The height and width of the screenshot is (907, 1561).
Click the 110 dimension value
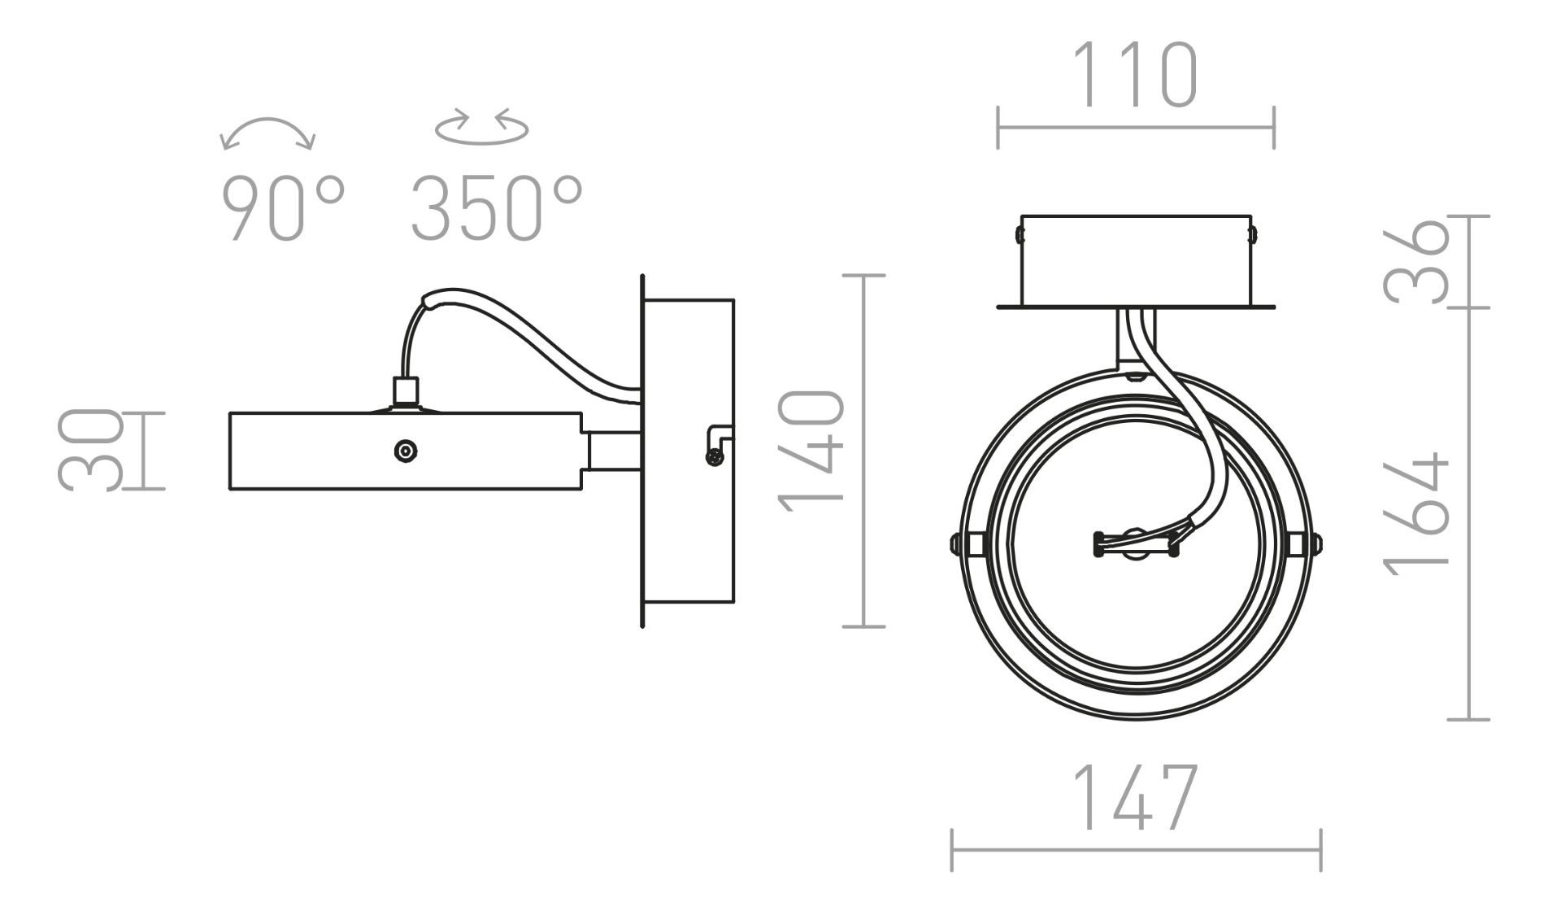tap(1136, 76)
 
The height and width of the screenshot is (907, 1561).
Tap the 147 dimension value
tap(1136, 796)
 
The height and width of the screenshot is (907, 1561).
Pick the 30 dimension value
tap(90, 451)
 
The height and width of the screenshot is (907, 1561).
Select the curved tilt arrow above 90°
tap(268, 123)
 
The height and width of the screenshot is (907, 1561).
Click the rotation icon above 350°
tap(482, 127)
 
